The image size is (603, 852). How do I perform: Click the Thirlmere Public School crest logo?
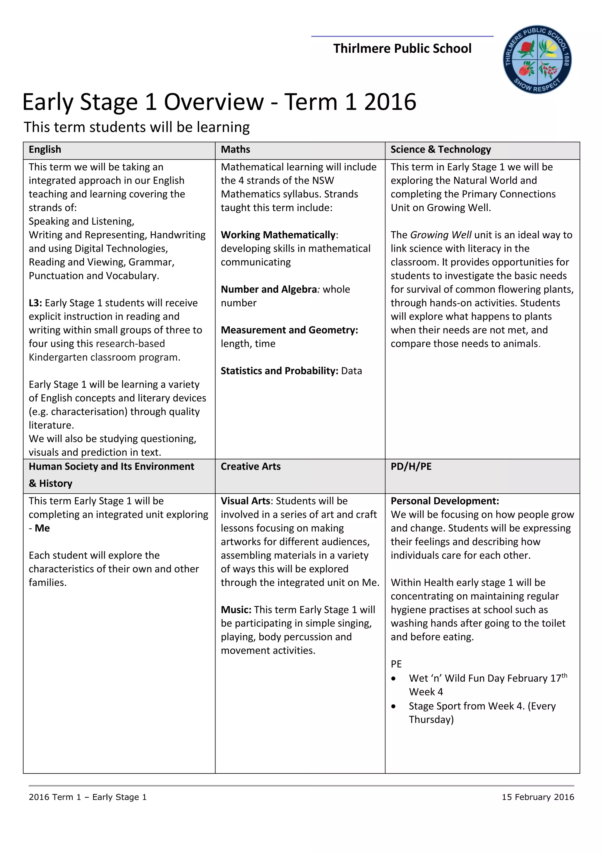537,60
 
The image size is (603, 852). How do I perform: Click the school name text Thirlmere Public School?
402,49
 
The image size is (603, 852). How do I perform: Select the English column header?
45,149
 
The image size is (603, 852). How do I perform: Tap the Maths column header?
236,149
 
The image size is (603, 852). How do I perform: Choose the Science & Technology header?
440,149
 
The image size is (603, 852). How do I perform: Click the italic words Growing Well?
441,235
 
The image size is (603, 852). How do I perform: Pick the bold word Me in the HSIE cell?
42,528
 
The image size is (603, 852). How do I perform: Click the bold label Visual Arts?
245,501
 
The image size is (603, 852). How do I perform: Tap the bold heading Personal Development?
445,501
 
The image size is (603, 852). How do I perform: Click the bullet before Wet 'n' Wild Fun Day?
394,679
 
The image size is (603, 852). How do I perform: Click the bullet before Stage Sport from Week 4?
394,707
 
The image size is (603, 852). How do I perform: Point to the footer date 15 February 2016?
538,797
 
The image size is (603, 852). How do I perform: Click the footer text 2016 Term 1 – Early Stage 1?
88,797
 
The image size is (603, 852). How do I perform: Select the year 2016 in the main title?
390,102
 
